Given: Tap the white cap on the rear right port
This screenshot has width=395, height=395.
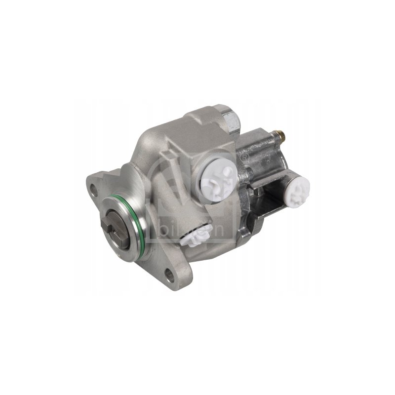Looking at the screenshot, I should [x=297, y=191].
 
